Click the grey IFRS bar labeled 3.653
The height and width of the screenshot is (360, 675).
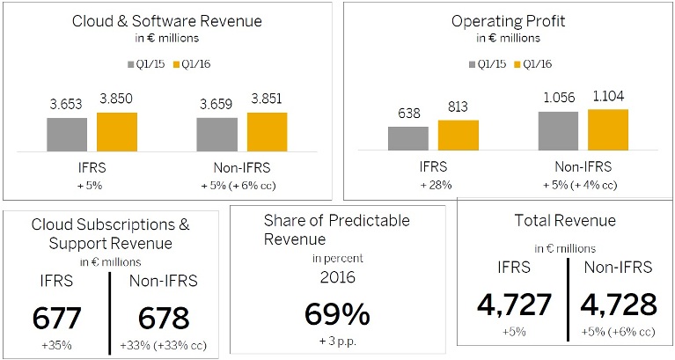click(67, 134)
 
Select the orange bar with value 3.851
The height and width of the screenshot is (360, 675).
click(268, 132)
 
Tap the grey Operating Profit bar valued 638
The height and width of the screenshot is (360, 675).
click(407, 138)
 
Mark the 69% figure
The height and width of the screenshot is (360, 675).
click(336, 314)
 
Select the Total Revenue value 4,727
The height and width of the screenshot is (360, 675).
click(514, 305)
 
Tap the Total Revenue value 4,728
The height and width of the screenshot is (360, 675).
click(619, 305)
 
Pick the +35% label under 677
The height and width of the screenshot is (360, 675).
click(55, 346)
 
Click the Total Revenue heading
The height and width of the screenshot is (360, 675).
click(565, 221)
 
